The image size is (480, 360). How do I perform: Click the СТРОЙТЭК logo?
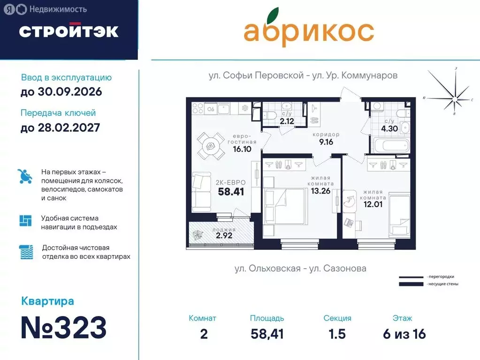(69, 31)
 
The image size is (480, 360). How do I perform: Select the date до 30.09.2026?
(61, 92)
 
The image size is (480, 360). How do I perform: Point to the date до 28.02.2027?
(60, 127)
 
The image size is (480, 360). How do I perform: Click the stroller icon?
(25, 176)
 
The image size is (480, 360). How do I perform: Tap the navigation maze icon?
(25, 221)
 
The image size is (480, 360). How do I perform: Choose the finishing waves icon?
(26, 252)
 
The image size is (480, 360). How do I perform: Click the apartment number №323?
(64, 328)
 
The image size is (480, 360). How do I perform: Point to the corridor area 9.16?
(326, 142)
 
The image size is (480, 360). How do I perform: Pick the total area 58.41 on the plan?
(232, 191)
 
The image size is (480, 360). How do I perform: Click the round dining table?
(211, 145)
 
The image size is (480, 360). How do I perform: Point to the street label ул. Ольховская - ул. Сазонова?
(300, 269)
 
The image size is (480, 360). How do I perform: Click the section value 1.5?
(337, 334)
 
